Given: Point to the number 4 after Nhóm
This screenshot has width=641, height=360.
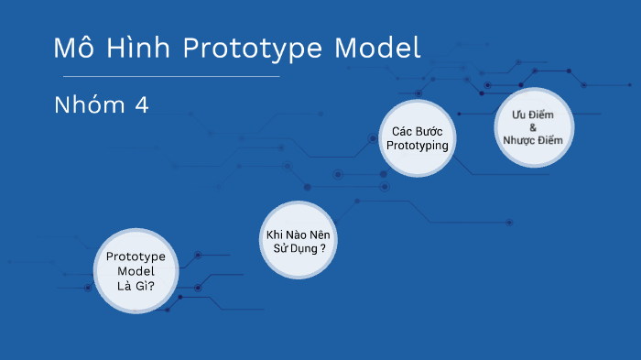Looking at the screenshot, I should [141, 105].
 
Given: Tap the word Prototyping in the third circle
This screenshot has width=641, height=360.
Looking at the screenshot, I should [418, 146].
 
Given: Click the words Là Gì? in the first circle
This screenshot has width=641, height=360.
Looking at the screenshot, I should [136, 287].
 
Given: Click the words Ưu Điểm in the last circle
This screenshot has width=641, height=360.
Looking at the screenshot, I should [532, 114].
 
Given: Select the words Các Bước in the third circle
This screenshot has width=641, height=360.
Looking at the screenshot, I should [418, 131].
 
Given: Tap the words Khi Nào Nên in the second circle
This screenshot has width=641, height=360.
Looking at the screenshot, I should [299, 235].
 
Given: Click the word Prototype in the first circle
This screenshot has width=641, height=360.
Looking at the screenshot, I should [136, 257].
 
